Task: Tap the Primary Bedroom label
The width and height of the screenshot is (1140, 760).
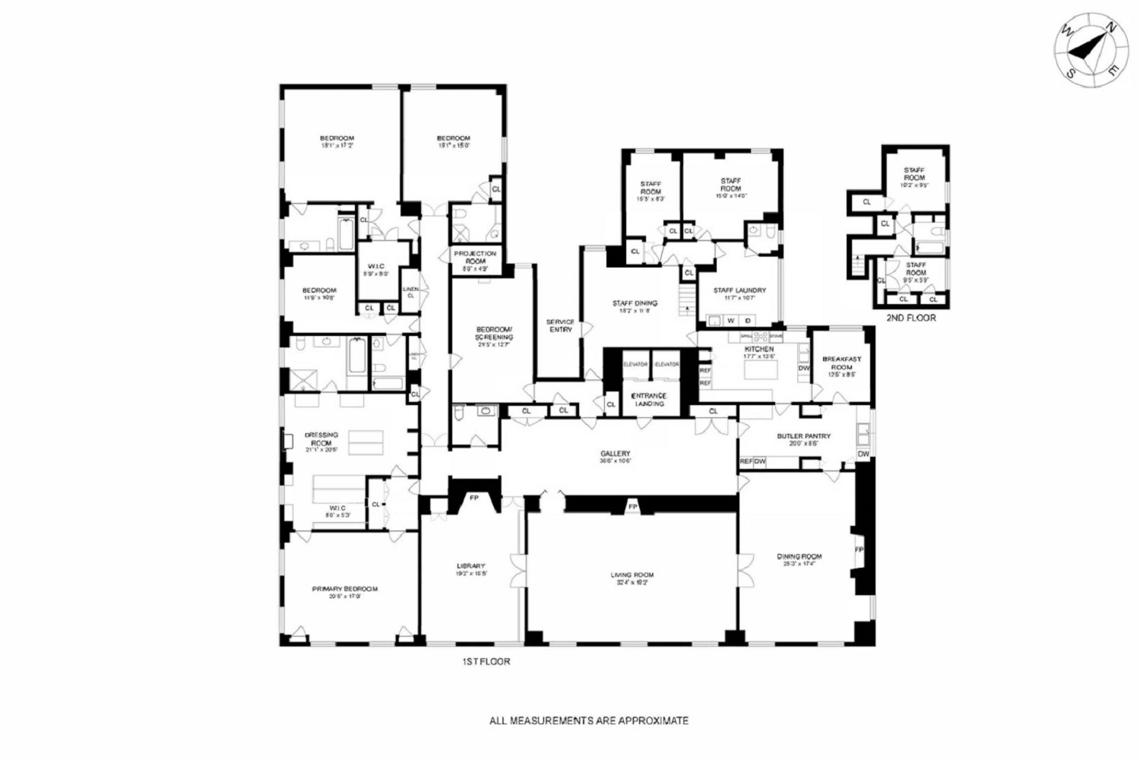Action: [x=344, y=589]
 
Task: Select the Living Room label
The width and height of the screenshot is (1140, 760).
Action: [x=632, y=575]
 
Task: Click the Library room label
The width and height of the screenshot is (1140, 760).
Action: [x=470, y=566]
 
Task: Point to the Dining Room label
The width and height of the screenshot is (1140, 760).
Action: [x=799, y=556]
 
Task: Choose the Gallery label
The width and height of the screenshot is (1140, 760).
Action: [x=615, y=454]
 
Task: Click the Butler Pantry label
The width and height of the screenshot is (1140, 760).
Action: [x=803, y=436]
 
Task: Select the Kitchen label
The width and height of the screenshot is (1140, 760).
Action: [x=758, y=349]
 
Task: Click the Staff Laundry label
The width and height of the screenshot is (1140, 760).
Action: [x=739, y=290]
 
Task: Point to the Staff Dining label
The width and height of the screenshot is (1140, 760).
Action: [x=635, y=303]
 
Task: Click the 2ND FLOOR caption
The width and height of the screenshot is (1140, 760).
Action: [x=910, y=318]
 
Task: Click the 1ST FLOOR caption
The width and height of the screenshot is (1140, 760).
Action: [x=486, y=662]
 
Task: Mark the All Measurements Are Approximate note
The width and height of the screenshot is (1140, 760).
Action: [x=589, y=720]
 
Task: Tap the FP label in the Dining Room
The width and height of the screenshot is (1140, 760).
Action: [x=860, y=549]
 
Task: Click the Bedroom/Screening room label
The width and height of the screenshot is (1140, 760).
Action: [x=494, y=333]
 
